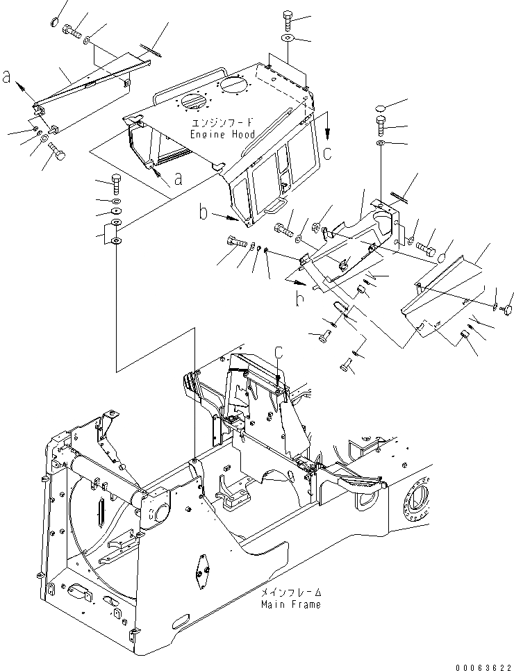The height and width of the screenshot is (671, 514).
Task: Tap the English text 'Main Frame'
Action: coord(291,604)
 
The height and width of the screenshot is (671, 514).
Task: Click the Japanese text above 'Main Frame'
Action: coord(291,593)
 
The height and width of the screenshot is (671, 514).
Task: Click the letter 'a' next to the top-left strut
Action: coord(8,78)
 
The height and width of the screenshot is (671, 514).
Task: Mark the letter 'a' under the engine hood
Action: coord(179,179)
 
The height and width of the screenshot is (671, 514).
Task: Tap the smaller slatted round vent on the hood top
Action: coord(192,102)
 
